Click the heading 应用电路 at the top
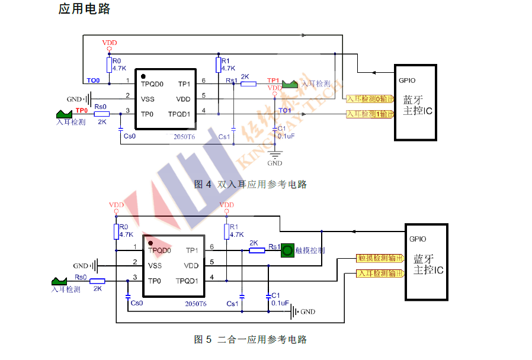(85, 9)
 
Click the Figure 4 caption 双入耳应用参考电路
(262, 184)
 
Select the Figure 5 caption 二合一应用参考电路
(262, 339)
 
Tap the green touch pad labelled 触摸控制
(288, 250)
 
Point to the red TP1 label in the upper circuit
(273, 80)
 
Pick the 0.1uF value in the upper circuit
(286, 136)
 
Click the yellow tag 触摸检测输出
(380, 258)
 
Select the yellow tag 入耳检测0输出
(369, 99)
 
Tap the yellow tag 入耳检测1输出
(369, 114)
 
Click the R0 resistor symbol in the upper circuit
(108, 65)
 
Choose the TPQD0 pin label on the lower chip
(159, 250)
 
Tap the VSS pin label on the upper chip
(148, 99)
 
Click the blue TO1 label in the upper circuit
(285, 111)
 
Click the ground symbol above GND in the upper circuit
(274, 156)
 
